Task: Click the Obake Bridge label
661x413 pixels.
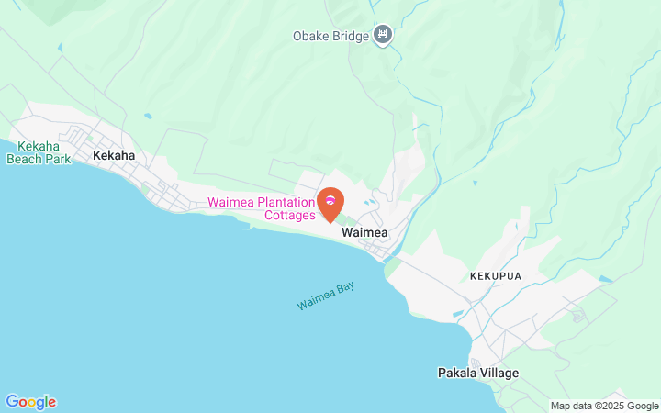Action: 330,37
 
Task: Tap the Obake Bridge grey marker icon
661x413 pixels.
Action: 383,36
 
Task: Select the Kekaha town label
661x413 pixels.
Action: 114,155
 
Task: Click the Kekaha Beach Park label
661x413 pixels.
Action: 39,152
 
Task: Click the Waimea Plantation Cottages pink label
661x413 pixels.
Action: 262,209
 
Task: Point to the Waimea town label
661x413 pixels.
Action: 364,233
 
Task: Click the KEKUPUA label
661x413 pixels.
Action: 496,275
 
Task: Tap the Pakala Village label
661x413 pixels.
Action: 477,374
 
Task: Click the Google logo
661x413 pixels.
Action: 30,402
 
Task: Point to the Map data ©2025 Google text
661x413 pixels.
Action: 605,406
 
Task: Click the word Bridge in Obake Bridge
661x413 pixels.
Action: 352,37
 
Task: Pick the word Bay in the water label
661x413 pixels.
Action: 344,289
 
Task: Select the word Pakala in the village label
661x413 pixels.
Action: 457,374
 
